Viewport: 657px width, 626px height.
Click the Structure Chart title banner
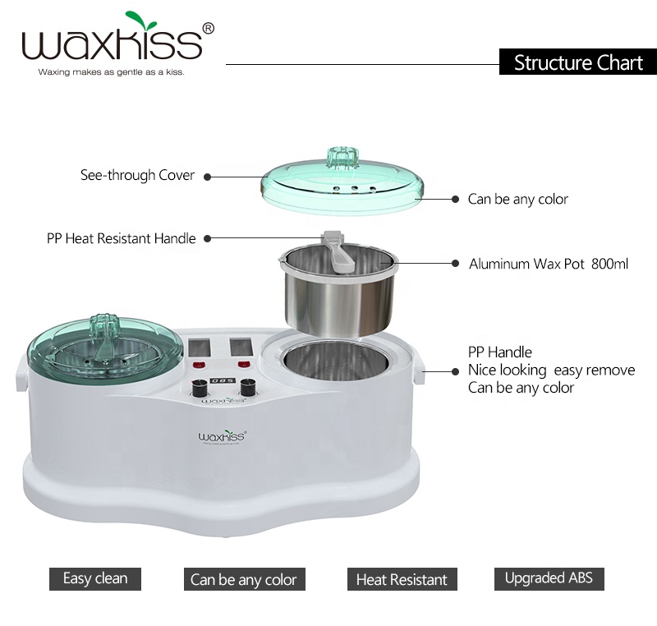577,62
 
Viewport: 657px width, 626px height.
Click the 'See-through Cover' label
137,175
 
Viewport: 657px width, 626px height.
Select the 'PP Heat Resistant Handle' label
121,239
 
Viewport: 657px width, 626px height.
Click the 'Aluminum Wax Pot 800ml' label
549,265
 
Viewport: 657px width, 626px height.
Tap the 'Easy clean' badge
94,578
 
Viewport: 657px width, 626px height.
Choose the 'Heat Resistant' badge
401,579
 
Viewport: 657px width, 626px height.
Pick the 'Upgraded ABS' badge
549,578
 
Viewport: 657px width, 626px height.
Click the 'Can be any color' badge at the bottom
243,579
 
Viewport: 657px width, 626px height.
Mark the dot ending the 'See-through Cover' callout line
207,176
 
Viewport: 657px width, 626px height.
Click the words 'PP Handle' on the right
500,352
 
